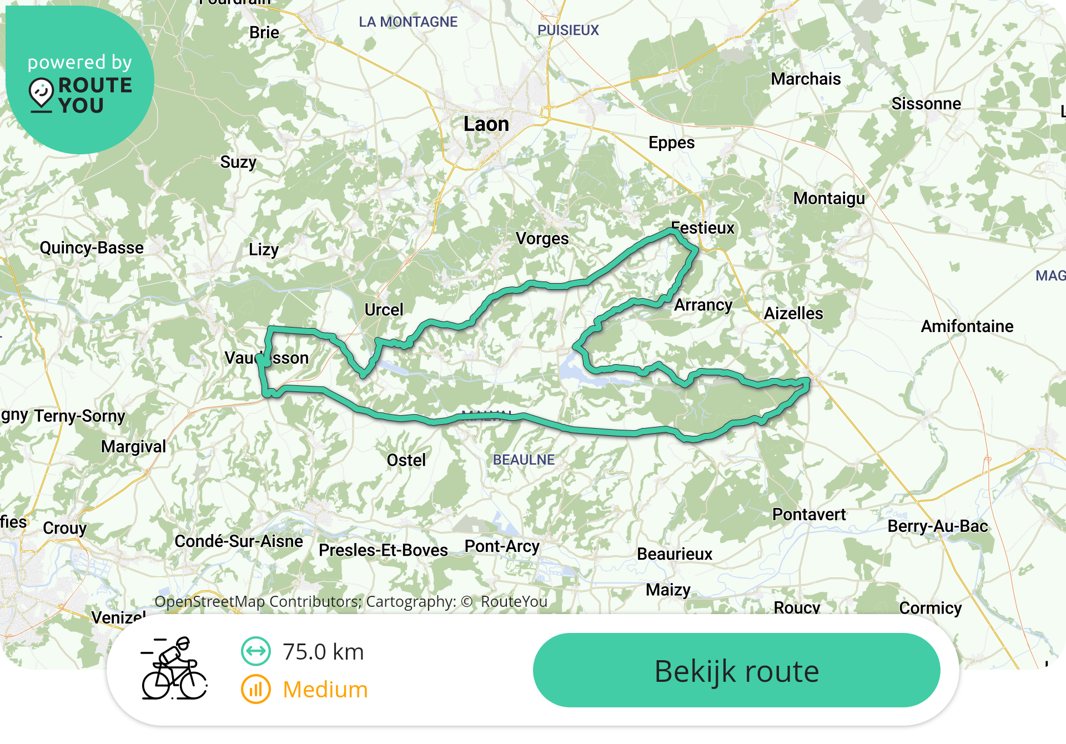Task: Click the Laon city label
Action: coord(486,124)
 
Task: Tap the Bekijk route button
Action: coord(736,671)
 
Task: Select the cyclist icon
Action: coord(174,669)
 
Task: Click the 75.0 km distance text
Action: coord(323,652)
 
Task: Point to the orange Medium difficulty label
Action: coord(325,690)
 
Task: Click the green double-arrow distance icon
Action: coord(256,651)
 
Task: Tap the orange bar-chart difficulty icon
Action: coord(256,690)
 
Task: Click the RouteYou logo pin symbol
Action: coord(42,93)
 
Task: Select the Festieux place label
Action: coord(703,228)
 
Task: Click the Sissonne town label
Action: coord(926,104)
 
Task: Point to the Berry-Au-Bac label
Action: coord(938,526)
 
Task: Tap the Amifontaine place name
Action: coord(967,326)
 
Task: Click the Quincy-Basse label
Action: coord(92,248)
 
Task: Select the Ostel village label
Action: coord(406,460)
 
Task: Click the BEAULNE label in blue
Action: coord(524,460)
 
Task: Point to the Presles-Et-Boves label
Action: coord(383,550)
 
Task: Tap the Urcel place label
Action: coord(384,309)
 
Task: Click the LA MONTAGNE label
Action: coord(408,22)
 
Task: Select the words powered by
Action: coord(80,62)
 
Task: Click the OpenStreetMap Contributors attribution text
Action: coord(258,601)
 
